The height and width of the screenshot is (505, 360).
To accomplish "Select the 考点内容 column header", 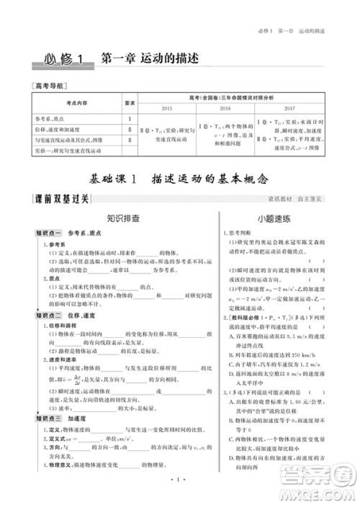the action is pyautogui.click(x=76, y=102).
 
